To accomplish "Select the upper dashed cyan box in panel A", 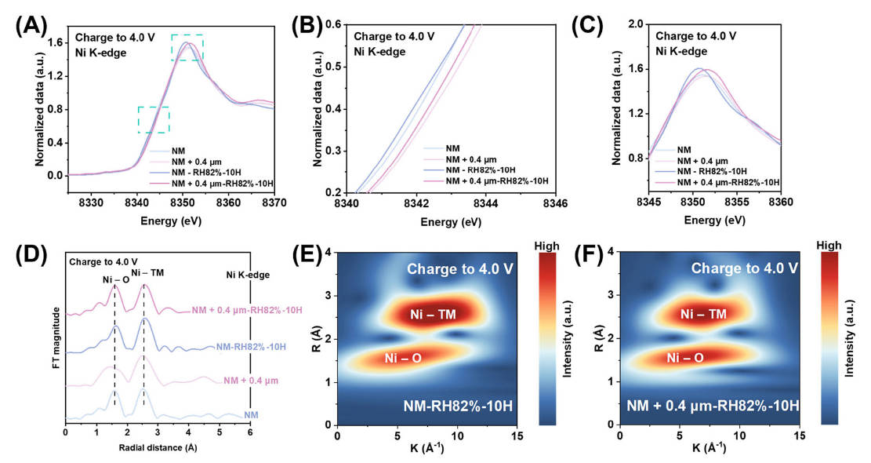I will pos(187,48).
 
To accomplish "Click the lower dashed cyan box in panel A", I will pos(153,119).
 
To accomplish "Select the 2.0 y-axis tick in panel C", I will pos(635,24).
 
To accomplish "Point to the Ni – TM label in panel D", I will pos(147,272).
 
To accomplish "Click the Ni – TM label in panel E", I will pos(434,314).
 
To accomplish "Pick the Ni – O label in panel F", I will pos(684,358).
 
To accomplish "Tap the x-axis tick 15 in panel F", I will pos(798,436).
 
